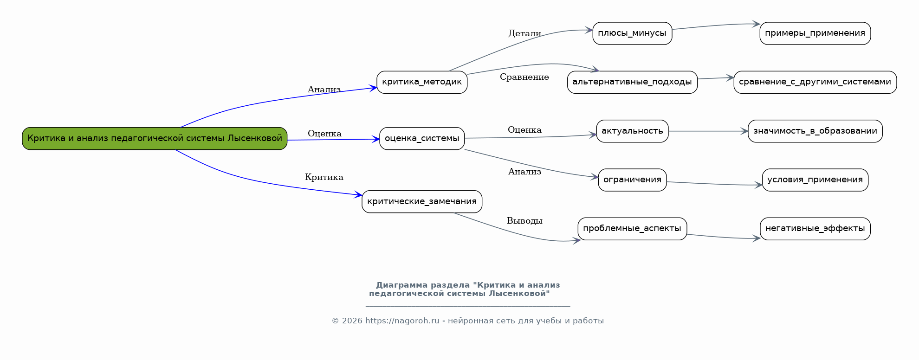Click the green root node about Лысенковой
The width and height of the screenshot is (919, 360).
(155, 138)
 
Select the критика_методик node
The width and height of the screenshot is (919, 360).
(421, 82)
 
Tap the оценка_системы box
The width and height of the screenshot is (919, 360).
(421, 138)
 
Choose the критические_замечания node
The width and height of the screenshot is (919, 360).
(421, 201)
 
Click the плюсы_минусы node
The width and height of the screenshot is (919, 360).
(632, 33)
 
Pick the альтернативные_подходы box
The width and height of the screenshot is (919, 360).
(632, 82)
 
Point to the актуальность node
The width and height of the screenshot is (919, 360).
(632, 131)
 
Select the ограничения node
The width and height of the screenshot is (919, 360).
(632, 180)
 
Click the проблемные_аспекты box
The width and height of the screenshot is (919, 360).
(632, 229)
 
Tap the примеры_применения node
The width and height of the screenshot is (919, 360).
(815, 33)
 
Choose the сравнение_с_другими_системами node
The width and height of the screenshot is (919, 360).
(815, 82)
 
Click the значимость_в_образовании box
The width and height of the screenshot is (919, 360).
(815, 131)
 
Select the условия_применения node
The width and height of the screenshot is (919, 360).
(815, 180)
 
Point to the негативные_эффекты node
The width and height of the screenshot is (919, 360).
(815, 229)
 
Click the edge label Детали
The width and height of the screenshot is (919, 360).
(524, 33)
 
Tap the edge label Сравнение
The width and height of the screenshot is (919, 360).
(524, 77)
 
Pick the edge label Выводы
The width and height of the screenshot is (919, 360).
(524, 221)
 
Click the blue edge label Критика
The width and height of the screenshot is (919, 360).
(324, 177)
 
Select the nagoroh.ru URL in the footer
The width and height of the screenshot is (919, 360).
(402, 321)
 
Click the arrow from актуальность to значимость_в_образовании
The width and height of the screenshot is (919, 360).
(708, 131)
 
